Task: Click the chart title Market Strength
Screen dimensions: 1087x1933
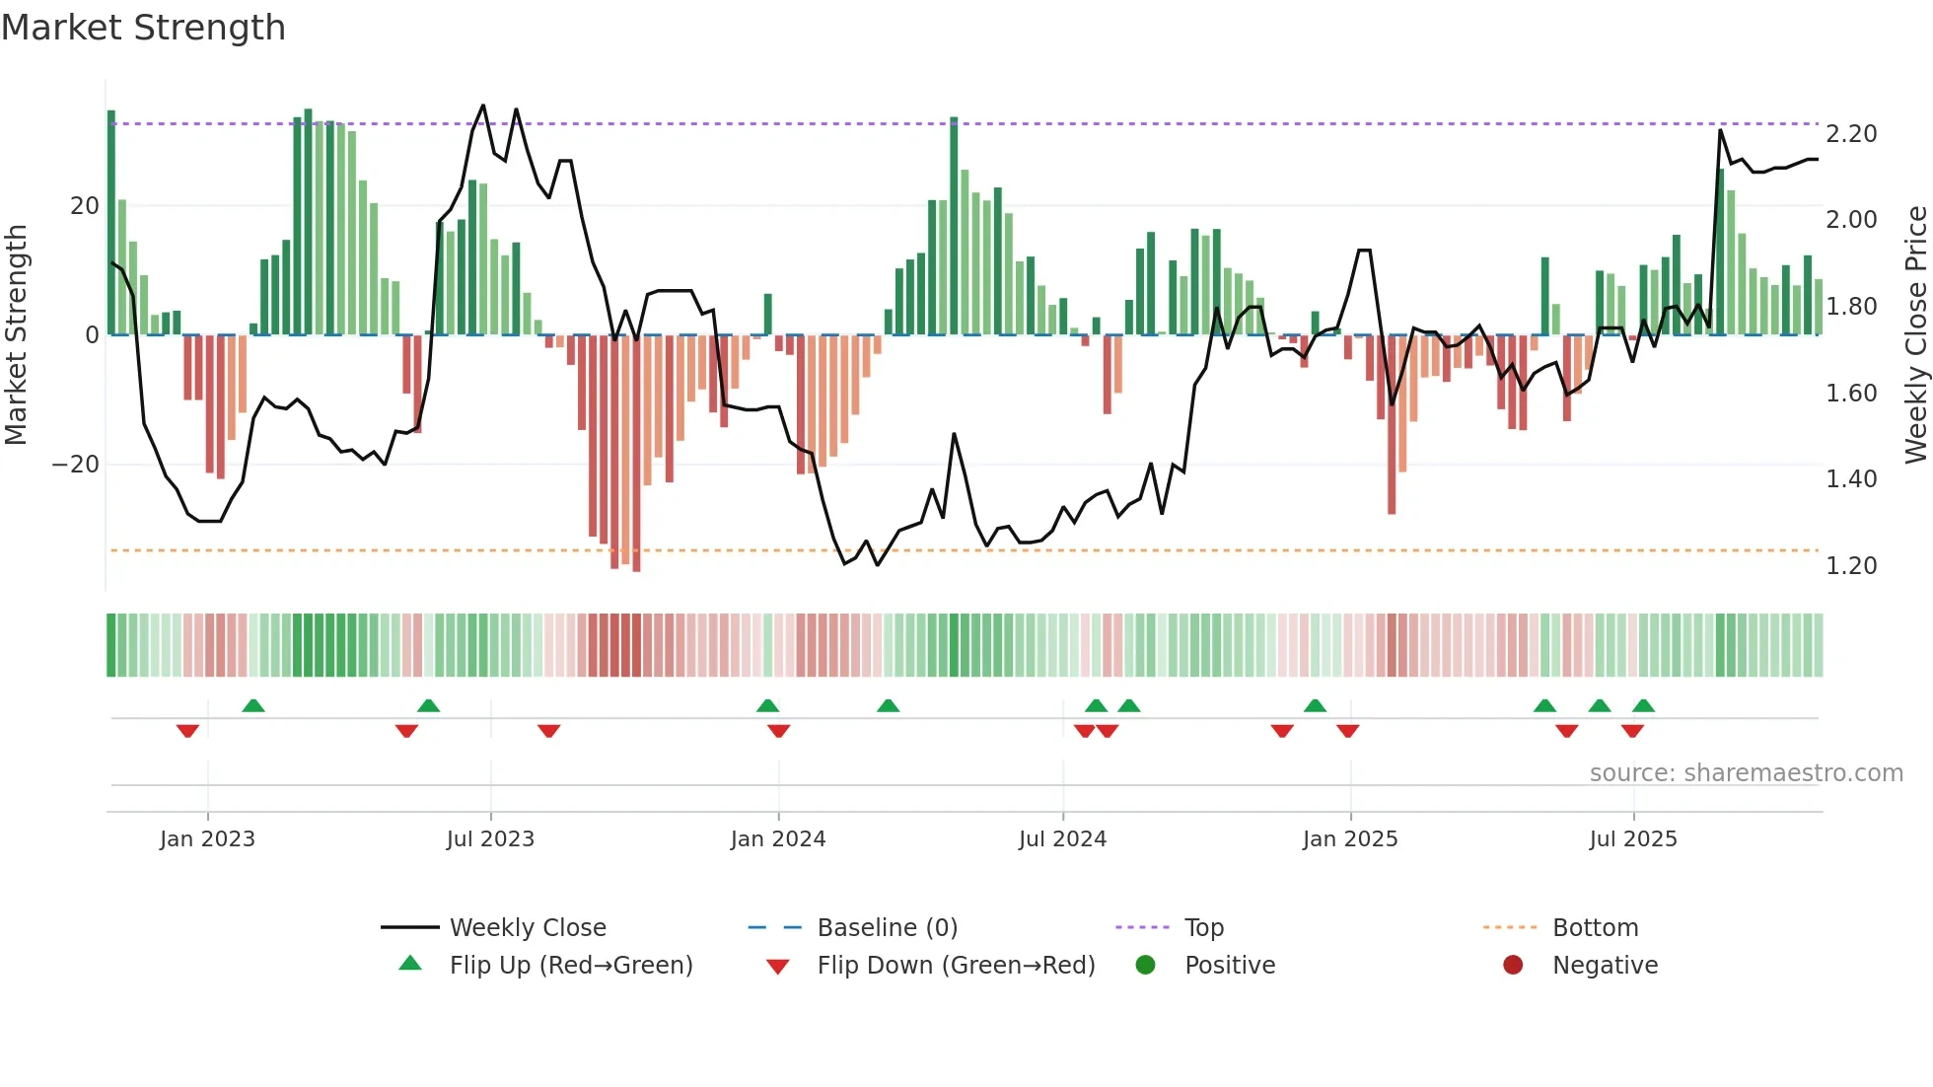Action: coord(143,28)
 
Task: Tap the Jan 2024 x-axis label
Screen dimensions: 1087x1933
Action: coord(777,839)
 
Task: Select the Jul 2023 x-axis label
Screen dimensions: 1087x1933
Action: coord(490,839)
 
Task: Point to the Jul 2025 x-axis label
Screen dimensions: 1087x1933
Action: coord(1632,839)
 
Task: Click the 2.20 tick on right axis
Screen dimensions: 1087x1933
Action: coord(1851,134)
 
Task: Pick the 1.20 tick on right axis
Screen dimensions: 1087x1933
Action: coord(1851,566)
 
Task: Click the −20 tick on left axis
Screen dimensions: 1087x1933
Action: coord(76,465)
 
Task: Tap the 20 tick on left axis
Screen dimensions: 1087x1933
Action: coord(85,206)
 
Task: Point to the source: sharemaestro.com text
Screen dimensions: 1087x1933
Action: coord(1746,773)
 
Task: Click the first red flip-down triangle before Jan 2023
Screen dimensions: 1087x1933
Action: coord(187,730)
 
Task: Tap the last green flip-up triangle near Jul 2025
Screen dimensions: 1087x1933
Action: coord(1643,706)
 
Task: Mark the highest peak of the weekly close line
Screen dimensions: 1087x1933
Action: coord(482,106)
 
